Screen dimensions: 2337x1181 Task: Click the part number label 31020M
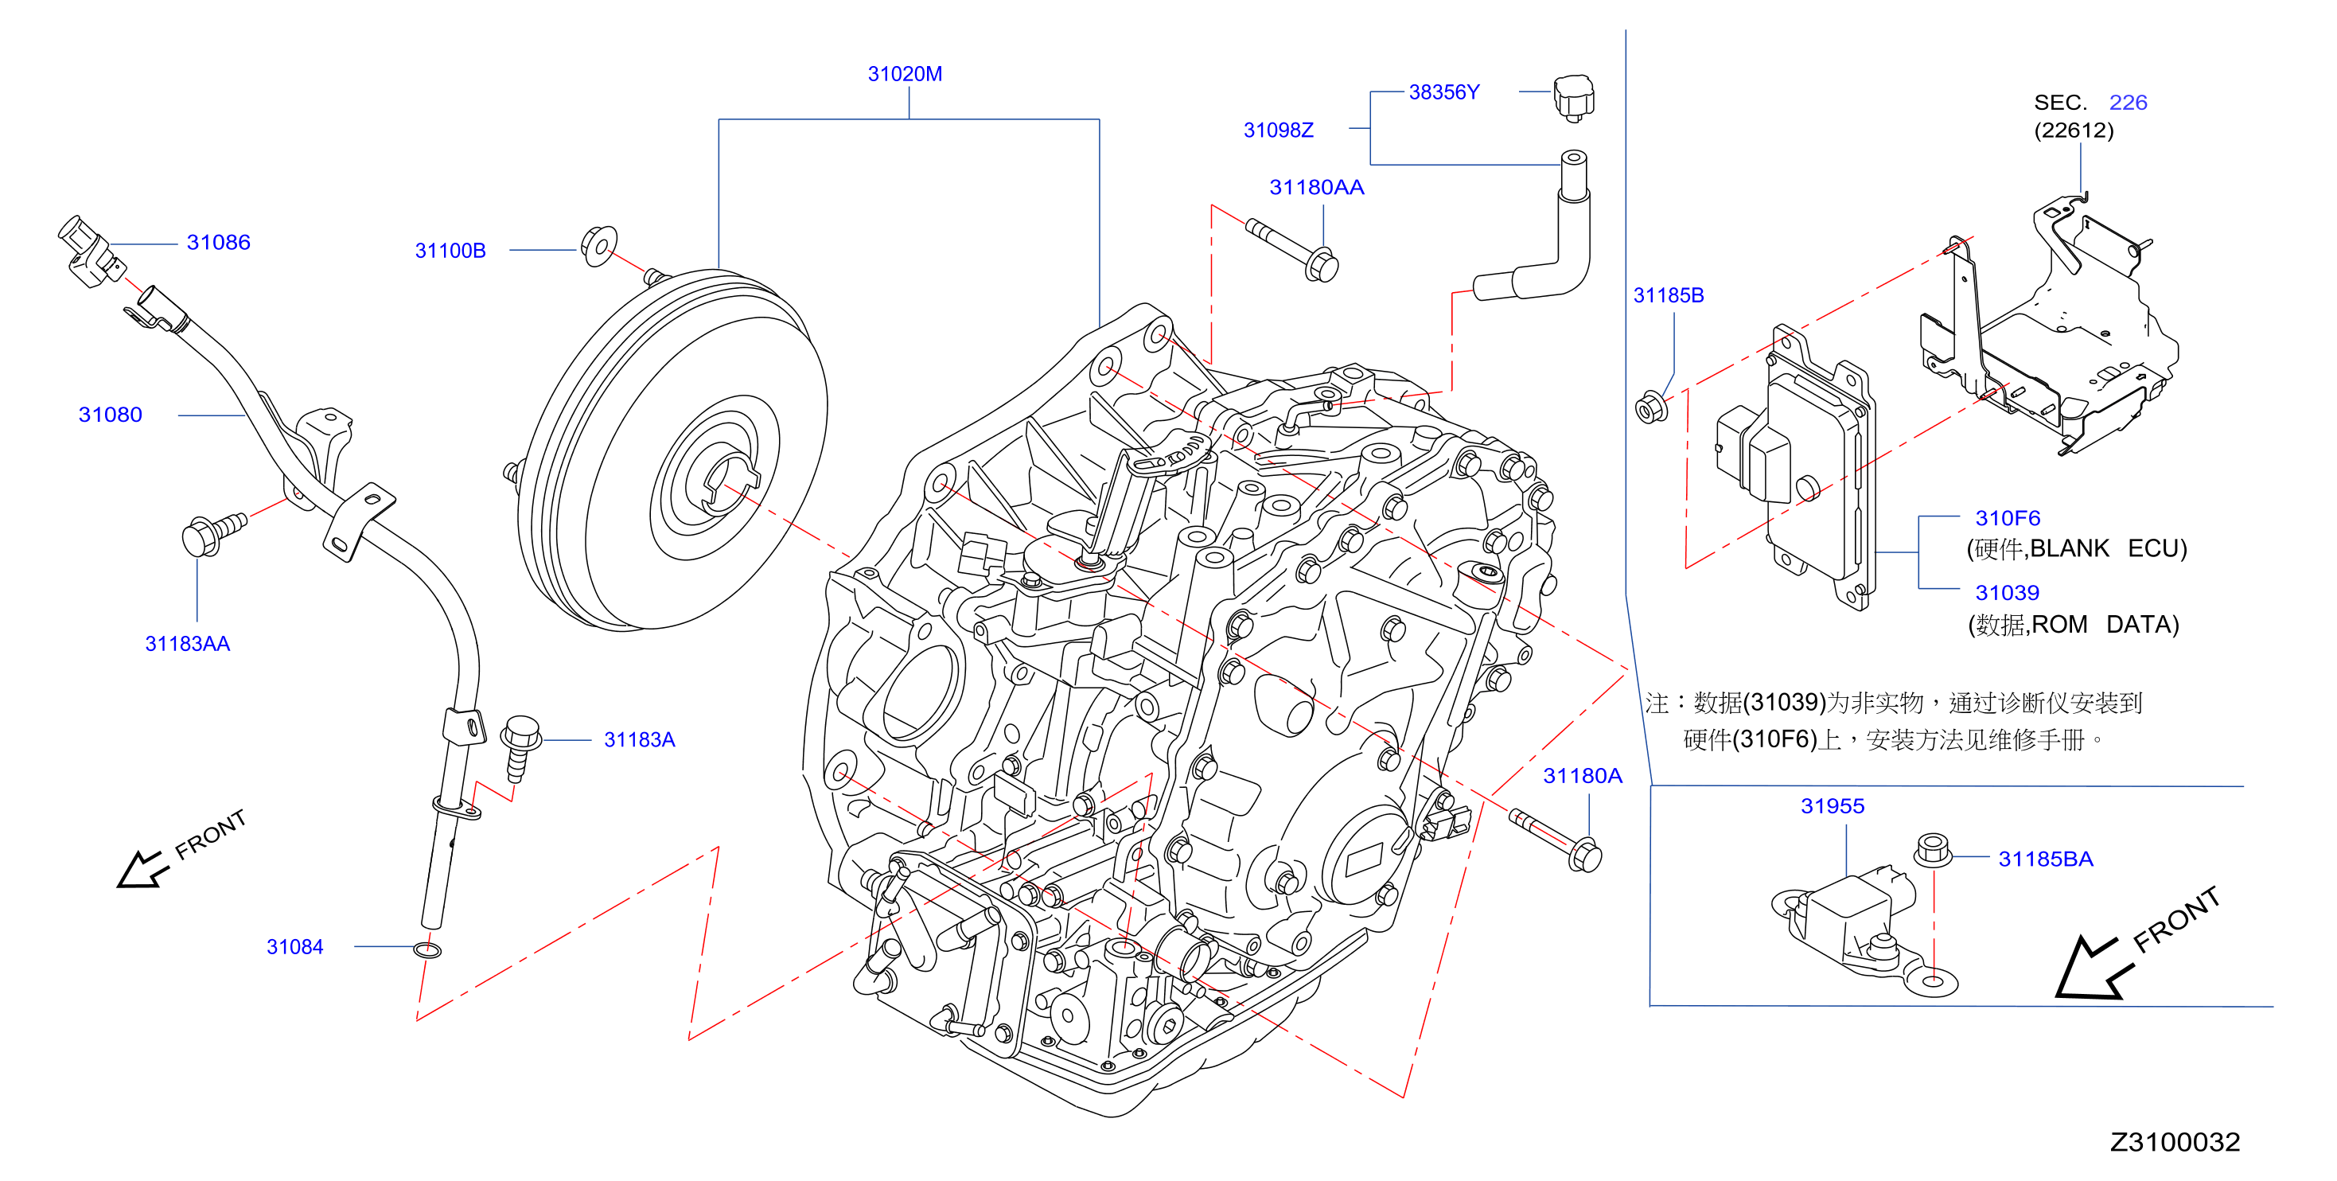[x=905, y=74]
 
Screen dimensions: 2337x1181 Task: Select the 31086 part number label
[x=219, y=242]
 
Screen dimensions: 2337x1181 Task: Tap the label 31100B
[x=450, y=251]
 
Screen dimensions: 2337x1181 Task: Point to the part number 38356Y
[x=1443, y=92]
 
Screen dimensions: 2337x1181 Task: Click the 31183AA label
[x=188, y=643]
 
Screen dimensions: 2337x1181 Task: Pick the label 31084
[x=295, y=946]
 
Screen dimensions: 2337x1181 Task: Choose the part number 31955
[x=1832, y=805]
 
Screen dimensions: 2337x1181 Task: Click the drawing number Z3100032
[x=2175, y=1141]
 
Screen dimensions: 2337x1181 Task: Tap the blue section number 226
[x=2128, y=103]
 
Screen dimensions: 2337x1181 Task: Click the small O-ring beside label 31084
[x=427, y=949]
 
